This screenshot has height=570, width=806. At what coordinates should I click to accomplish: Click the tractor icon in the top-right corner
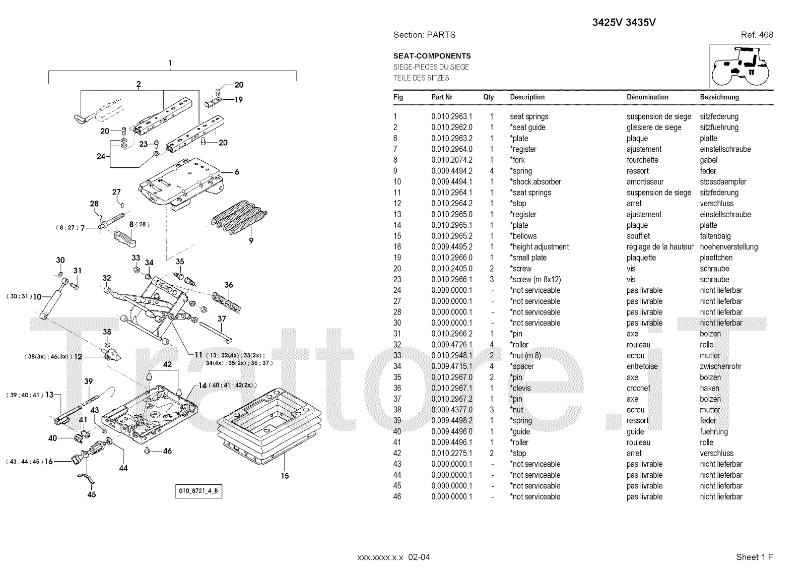coord(741,66)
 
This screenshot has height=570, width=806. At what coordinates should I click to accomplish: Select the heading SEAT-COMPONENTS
coord(432,56)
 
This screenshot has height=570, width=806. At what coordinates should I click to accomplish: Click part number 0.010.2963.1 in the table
coord(451,116)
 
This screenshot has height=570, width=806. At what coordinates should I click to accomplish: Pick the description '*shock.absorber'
coord(535,182)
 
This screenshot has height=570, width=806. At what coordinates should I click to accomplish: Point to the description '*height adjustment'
coord(539,247)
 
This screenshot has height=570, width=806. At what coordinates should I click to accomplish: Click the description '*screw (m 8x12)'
coord(535,280)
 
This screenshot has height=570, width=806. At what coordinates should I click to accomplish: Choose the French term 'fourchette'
coord(642,160)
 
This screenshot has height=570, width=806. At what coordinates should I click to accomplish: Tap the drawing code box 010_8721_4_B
coord(198,491)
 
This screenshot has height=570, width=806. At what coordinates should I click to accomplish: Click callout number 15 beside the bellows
coord(285,475)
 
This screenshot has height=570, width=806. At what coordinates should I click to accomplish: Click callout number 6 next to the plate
coord(237,172)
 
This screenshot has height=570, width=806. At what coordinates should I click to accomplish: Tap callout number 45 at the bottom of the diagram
coord(91,494)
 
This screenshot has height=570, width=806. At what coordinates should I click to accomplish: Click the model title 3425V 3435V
coord(624,23)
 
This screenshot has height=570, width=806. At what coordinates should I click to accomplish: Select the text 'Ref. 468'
coord(757,35)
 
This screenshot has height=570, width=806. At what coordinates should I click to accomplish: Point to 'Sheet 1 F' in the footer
coord(754,557)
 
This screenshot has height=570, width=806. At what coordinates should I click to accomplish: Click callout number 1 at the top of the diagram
coord(170,64)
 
